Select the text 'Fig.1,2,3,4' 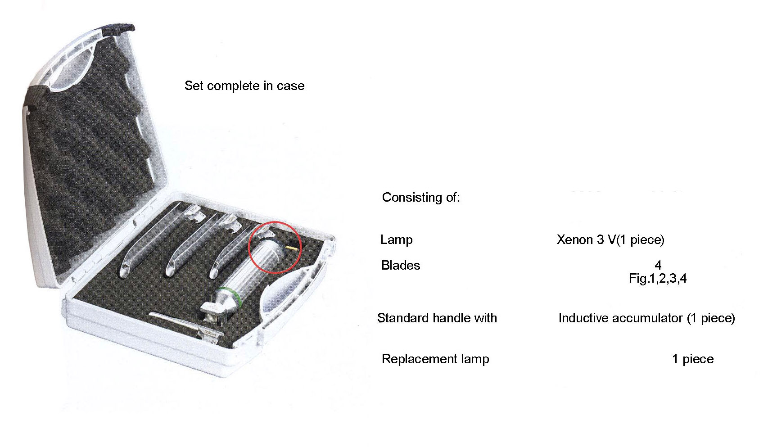pos(658,279)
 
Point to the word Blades pos(401,265)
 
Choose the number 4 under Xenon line pos(658,265)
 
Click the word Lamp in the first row pos(396,240)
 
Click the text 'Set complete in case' pos(244,86)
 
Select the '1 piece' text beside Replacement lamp pos(693,359)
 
